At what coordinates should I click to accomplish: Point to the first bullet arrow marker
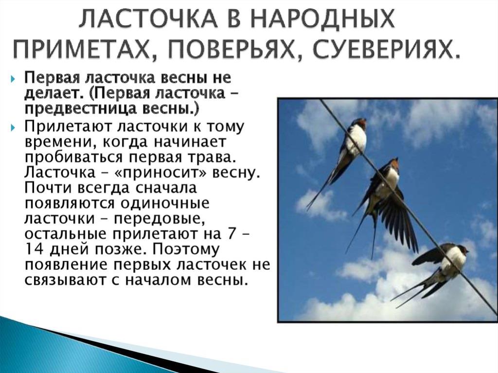13,78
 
